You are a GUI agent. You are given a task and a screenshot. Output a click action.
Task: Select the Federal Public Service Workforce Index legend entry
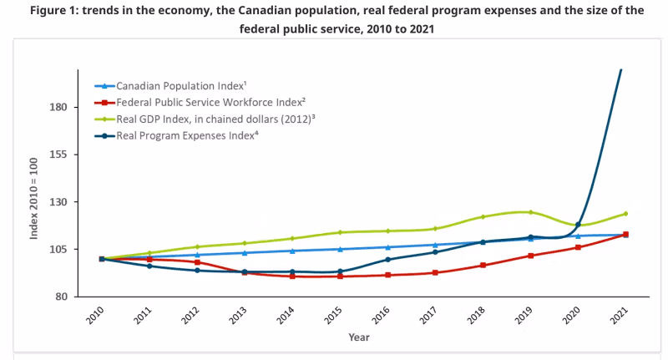tap(205, 102)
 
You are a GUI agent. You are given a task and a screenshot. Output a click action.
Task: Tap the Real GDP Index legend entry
tap(215, 119)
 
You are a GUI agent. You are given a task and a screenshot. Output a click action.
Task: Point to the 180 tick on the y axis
tap(58, 108)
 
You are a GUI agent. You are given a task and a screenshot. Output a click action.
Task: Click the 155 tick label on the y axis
tap(58, 155)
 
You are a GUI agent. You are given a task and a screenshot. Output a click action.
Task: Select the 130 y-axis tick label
tap(58, 202)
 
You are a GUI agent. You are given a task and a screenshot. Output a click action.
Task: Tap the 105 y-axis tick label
tap(58, 249)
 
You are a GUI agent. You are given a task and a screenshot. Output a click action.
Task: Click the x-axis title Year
tap(359, 337)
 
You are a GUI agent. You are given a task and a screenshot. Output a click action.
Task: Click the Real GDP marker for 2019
tap(530, 212)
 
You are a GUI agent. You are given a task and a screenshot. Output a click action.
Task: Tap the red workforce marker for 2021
tap(625, 235)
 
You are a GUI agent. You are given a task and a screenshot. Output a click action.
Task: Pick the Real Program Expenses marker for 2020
tap(578, 224)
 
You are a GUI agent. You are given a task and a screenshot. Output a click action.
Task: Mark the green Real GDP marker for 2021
tap(625, 214)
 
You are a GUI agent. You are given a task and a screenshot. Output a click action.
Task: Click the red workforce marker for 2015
tap(340, 276)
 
